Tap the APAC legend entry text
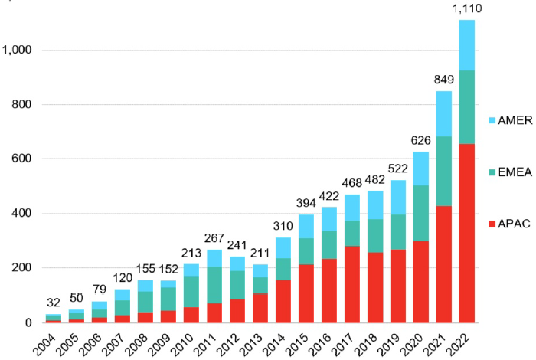[509, 224]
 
